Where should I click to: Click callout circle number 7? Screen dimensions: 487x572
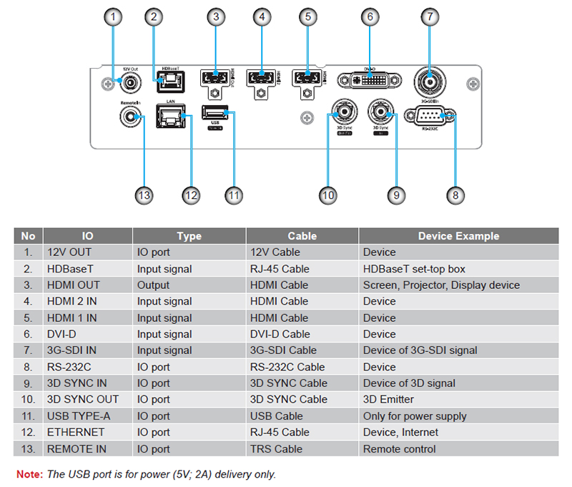click(x=428, y=16)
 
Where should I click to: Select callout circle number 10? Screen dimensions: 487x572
click(x=328, y=195)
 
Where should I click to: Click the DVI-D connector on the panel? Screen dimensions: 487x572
click(x=368, y=79)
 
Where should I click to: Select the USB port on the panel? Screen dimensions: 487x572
click(x=214, y=113)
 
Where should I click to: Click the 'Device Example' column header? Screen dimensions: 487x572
click(x=458, y=235)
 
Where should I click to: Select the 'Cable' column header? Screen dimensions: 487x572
click(x=302, y=235)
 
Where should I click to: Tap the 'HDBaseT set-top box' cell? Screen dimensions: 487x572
click(x=414, y=269)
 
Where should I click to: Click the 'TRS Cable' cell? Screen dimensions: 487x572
click(x=276, y=449)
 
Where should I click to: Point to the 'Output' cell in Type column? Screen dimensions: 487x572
click(x=154, y=285)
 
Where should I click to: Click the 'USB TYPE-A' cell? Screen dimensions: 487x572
click(x=79, y=415)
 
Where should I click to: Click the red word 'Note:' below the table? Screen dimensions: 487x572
click(x=29, y=474)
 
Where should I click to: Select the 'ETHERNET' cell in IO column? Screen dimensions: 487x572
click(x=76, y=432)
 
